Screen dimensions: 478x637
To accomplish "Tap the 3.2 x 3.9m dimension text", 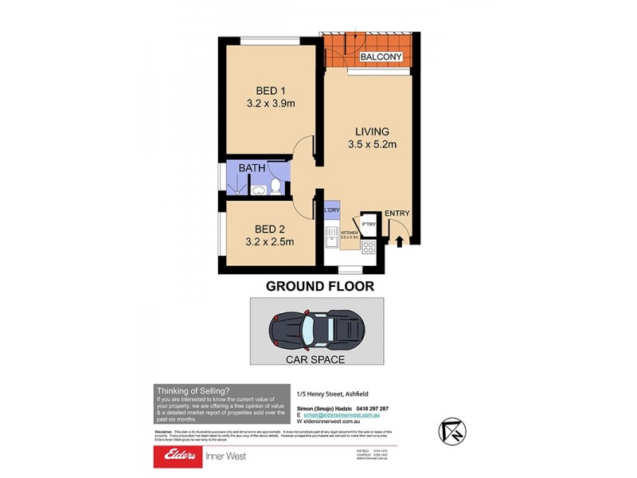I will point(271,103).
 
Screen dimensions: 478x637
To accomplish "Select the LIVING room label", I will point(372,131).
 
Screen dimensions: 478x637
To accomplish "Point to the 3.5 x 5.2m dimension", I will point(372,144).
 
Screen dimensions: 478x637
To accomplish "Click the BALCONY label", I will point(381,57).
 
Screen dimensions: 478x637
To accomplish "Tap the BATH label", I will point(252,169).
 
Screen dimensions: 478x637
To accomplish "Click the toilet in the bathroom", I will point(276,186).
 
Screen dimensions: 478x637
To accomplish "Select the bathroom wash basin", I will point(258,190).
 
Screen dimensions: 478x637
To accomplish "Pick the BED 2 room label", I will point(271,229).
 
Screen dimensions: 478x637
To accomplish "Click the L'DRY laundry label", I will point(331,211).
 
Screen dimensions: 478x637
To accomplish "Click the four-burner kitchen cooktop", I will point(369,247).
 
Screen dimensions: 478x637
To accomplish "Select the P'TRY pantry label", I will point(368,224).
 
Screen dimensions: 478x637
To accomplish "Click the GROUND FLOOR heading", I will point(319,286).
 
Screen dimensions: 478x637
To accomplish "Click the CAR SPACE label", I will point(316,359).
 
